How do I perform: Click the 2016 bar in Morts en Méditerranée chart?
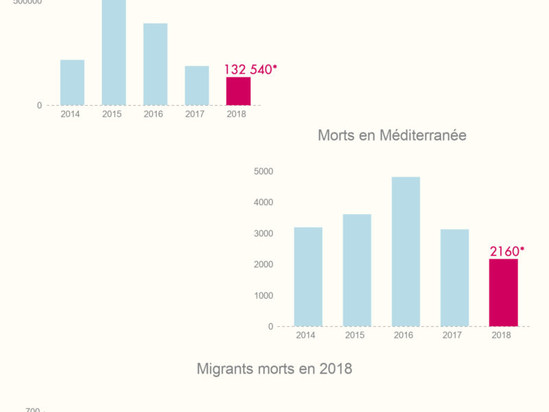(406, 251)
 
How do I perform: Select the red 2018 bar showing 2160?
(503, 293)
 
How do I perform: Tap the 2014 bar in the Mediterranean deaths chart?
(308, 277)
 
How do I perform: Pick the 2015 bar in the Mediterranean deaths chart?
(357, 270)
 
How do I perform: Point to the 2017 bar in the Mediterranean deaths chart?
(454, 277)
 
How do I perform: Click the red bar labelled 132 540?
(238, 91)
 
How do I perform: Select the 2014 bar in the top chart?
(72, 82)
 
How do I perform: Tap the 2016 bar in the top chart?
(155, 65)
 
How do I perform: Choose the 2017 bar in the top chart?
(196, 86)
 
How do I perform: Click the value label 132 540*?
(250, 69)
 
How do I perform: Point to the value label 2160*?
(506, 251)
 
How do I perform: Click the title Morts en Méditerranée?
(392, 135)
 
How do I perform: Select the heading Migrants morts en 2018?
(274, 369)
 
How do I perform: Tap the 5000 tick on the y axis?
(263, 171)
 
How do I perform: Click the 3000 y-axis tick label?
(263, 233)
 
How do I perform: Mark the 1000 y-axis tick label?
(263, 295)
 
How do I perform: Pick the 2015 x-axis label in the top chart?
(112, 114)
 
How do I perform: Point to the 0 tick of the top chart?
(39, 105)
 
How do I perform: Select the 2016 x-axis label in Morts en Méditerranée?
(405, 335)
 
